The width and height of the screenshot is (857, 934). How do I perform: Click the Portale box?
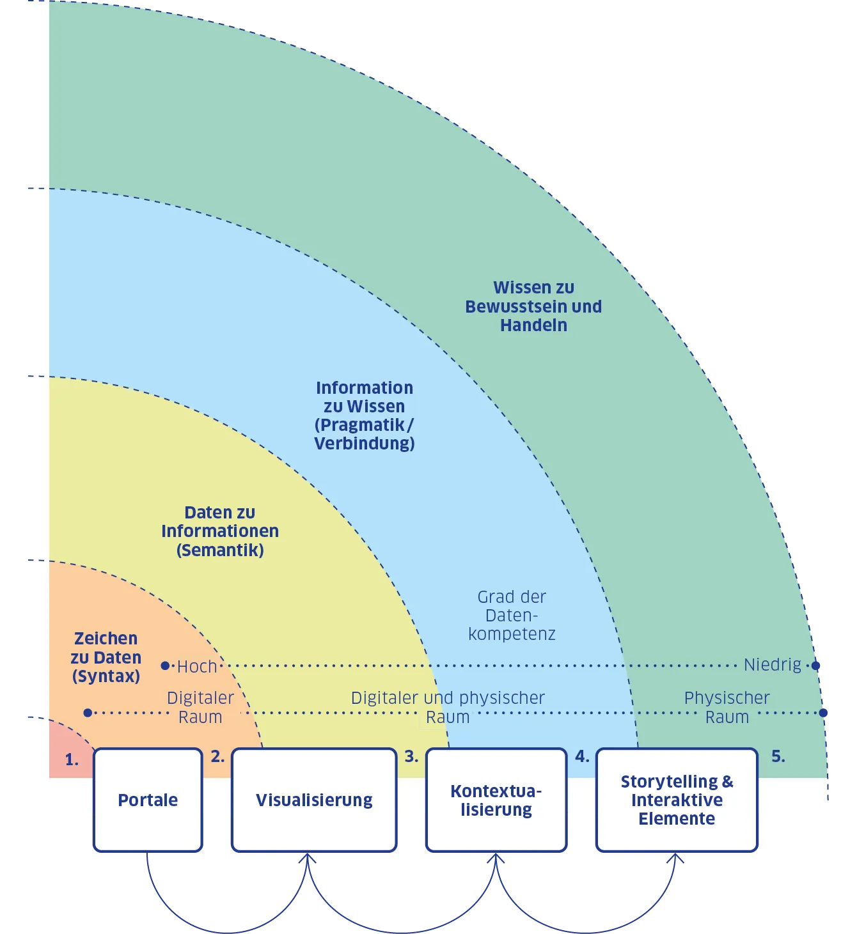[x=148, y=800]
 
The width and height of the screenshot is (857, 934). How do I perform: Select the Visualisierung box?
[x=314, y=800]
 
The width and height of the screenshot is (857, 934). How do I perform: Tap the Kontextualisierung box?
[x=496, y=800]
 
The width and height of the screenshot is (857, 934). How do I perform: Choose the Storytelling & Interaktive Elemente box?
[x=677, y=800]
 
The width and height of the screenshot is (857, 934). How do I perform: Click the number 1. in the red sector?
[x=72, y=759]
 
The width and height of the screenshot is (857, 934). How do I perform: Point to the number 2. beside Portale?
[x=217, y=756]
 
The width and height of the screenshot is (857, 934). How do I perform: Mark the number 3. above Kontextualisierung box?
[x=411, y=756]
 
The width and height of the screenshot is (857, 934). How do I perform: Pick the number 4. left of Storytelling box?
[x=582, y=756]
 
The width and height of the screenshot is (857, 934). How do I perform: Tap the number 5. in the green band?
[x=778, y=756]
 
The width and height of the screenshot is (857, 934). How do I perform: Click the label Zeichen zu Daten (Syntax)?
[x=106, y=657]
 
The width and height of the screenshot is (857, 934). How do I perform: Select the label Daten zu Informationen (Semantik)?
[x=220, y=531]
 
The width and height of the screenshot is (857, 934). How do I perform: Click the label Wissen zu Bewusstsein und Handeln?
[x=533, y=306]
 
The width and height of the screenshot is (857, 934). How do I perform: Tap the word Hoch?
[x=197, y=666]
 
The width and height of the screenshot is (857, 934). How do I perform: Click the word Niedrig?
[x=772, y=665]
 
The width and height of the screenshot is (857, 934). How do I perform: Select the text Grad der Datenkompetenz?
[x=512, y=615]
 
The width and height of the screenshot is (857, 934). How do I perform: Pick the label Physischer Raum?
[x=727, y=707]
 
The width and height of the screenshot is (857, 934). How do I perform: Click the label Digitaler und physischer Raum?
[x=448, y=707]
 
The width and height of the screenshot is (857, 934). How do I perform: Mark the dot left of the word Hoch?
[x=165, y=665]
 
